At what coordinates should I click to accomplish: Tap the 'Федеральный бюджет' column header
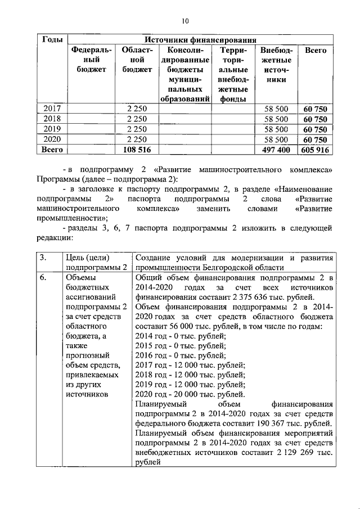pyautogui.click(x=91, y=60)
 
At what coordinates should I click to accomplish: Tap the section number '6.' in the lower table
pyautogui.click(x=43, y=277)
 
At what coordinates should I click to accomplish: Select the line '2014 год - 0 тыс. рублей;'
pyautogui.click(x=181, y=336)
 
